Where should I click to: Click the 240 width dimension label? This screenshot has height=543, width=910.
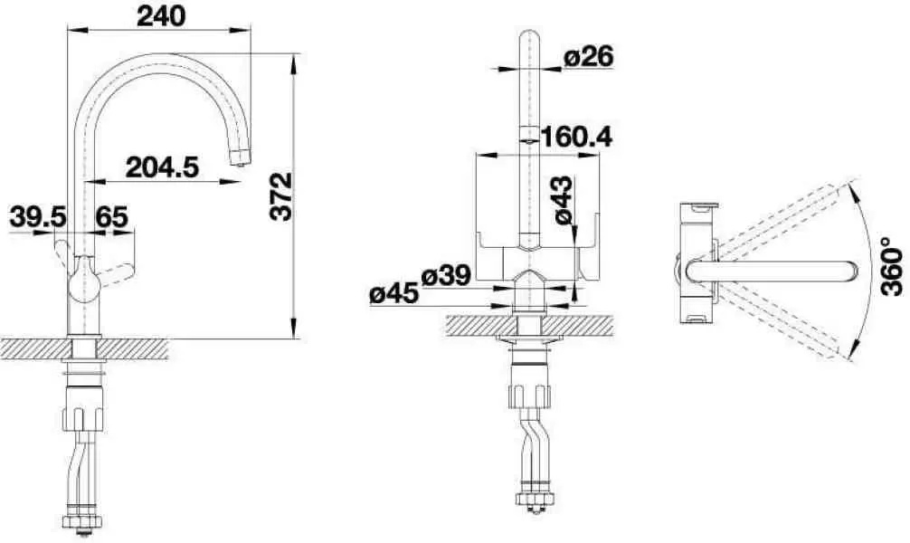(161, 16)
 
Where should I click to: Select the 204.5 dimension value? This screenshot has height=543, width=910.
(163, 167)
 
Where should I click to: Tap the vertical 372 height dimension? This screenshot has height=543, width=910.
(281, 195)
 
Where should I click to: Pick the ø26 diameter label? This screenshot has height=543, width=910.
(589, 56)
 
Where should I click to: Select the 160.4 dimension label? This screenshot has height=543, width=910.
(576, 137)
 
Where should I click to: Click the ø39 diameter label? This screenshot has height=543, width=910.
(446, 275)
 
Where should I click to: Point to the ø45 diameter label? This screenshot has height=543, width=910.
(394, 293)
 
